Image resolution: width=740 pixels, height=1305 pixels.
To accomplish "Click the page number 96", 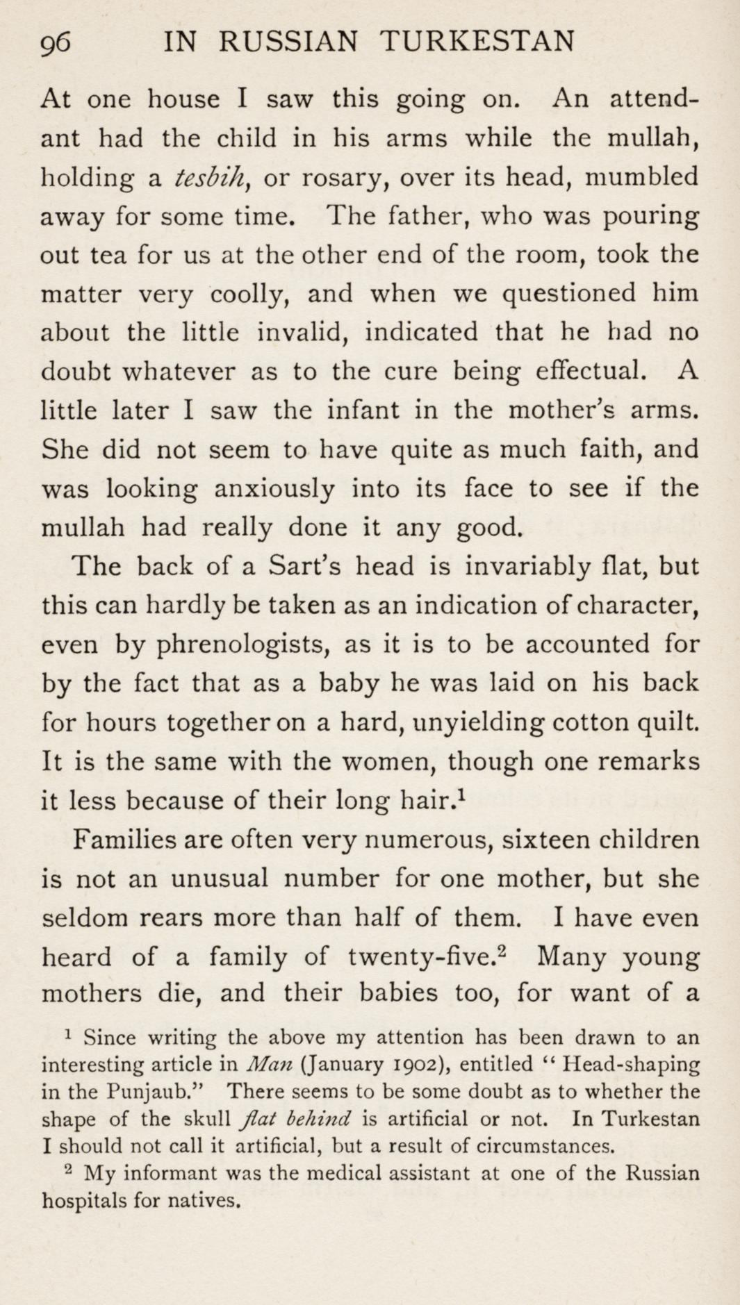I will (x=56, y=43).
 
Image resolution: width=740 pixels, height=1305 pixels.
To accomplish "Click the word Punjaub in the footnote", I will (x=148, y=1092).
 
